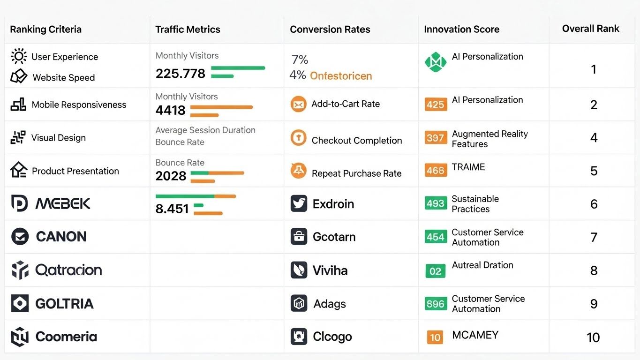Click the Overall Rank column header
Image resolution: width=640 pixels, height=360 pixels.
point(590,29)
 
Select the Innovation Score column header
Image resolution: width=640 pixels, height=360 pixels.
point(461,29)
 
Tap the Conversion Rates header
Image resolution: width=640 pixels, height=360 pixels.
point(330,29)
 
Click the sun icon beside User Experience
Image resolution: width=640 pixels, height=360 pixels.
point(19,57)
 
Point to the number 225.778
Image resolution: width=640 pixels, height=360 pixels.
point(180,74)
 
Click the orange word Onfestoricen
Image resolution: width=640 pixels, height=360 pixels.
point(341,76)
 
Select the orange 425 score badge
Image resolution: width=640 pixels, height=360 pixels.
point(435,104)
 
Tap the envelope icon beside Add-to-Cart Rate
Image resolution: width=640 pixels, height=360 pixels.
point(298,104)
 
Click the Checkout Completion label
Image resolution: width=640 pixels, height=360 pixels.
point(356,141)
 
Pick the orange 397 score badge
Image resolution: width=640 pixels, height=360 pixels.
point(435,138)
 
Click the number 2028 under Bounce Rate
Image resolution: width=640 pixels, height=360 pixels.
point(171,176)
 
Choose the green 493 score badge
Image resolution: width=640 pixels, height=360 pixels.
point(435,203)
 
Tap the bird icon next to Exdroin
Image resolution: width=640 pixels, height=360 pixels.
point(299,204)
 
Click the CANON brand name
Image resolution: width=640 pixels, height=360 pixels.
point(61,237)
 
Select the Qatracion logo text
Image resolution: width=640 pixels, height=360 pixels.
point(68,270)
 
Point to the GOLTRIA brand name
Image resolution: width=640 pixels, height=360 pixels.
point(64,304)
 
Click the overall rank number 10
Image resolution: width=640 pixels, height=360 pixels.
point(593,337)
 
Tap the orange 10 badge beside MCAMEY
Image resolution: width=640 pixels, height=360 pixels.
point(435,337)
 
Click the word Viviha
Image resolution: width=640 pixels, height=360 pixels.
point(330,270)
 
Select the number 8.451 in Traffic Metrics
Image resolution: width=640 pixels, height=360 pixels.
point(172,209)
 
